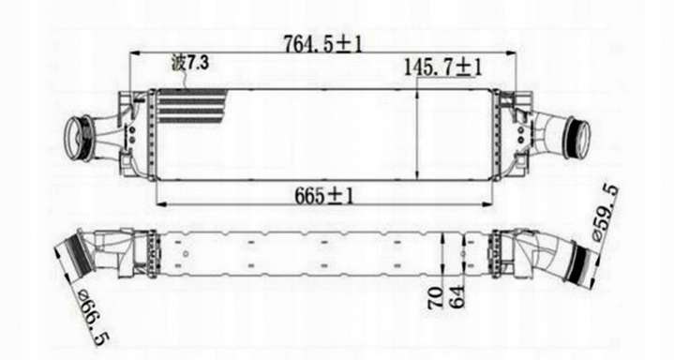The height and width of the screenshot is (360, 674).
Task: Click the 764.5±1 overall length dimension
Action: [x=322, y=43]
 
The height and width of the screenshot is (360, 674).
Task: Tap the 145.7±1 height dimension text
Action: [x=443, y=67]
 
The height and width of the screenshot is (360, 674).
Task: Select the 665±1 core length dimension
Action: [x=324, y=196]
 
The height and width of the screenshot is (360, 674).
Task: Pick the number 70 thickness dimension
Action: [x=435, y=297]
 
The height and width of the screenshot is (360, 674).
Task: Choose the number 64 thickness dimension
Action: [x=457, y=296]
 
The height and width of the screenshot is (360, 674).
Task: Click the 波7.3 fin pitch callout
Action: [x=190, y=63]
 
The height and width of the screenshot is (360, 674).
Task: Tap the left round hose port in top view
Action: [x=78, y=137]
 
